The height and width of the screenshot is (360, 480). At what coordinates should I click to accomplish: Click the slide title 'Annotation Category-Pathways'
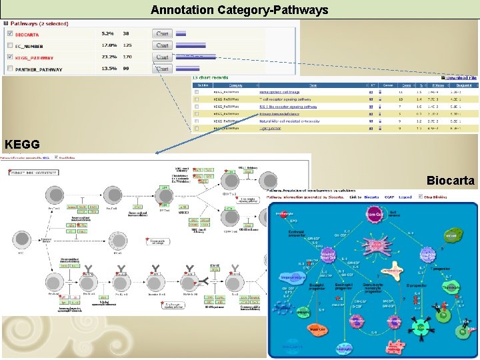pos(239,10)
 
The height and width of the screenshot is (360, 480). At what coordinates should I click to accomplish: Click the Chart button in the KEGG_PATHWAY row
pos(162,57)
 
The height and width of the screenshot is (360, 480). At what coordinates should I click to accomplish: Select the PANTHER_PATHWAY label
pos(39,69)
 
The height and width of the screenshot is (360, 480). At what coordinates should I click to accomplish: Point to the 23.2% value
pos(107,57)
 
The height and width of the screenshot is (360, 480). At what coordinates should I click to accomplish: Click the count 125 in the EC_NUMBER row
pos(127,45)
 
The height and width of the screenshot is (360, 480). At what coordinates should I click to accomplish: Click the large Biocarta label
pos(451,181)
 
